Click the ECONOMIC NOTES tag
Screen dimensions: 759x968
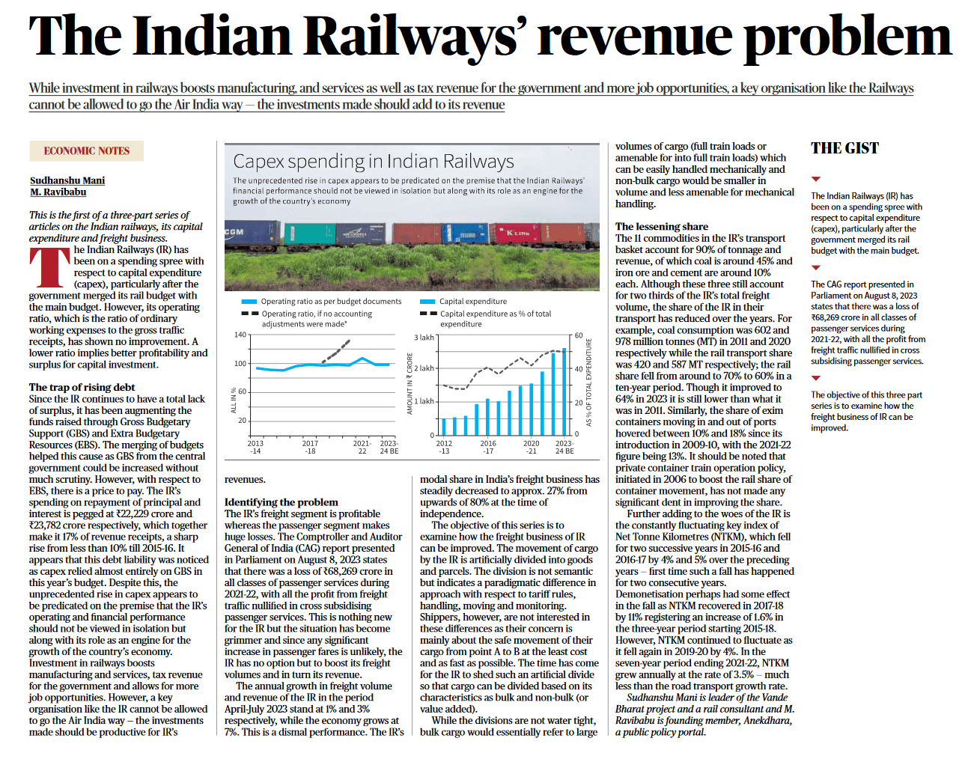pos(86,151)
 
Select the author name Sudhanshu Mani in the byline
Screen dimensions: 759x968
pos(67,180)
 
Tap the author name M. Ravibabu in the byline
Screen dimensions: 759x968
pos(58,192)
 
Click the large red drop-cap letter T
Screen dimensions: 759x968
pos(49,268)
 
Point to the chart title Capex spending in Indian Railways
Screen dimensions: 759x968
pos(373,162)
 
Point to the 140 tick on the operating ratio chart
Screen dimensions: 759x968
pos(240,335)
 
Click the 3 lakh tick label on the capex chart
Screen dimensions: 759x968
pos(424,338)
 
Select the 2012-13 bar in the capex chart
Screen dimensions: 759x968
pos(443,427)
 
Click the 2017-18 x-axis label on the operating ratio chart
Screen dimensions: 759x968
pos(309,447)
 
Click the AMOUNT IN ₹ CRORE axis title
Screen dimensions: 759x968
pos(410,383)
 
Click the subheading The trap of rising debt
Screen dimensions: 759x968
pos(82,387)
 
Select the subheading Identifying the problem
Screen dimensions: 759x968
pos(281,502)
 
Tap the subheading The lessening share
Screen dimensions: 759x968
pos(661,226)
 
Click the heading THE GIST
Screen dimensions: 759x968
pos(844,148)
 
